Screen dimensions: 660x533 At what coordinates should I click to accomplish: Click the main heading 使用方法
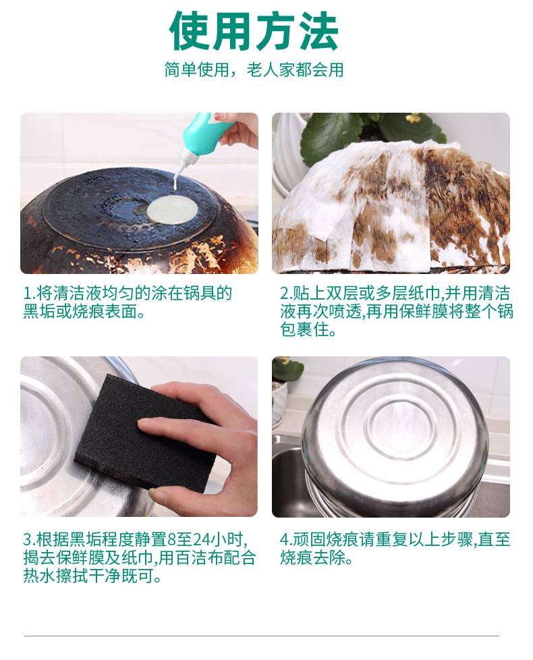pos(254,32)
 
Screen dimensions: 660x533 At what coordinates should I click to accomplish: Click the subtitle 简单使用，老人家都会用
pos(254,70)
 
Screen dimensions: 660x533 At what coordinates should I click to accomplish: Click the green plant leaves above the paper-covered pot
pos(364,132)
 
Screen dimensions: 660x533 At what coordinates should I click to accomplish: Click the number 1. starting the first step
pos(29,294)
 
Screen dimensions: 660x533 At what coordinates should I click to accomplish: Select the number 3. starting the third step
pos(29,540)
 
